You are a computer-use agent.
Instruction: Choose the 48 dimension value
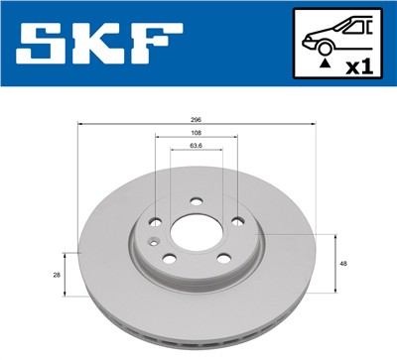(342, 264)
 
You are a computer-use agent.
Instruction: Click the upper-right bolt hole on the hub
(237, 223)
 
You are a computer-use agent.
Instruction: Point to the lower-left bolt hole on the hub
(168, 260)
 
